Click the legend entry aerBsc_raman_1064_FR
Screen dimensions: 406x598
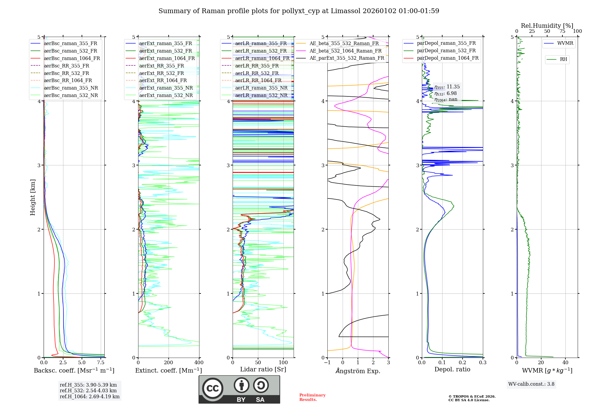(x=72, y=58)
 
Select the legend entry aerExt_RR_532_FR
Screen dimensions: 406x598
(x=161, y=73)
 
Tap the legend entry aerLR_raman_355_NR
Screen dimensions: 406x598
(x=261, y=88)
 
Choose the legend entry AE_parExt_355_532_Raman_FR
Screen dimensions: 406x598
(x=347, y=58)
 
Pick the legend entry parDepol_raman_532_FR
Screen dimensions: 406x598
(x=446, y=50)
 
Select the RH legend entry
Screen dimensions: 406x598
(x=563, y=59)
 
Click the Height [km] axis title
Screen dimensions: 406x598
(x=33, y=197)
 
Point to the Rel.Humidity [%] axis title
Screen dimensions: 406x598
(x=547, y=26)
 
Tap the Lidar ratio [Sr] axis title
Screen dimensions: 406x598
(x=263, y=369)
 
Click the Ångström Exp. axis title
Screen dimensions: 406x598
(x=358, y=371)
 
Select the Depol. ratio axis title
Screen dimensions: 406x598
(x=452, y=369)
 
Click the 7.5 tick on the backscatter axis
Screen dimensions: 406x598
(x=101, y=363)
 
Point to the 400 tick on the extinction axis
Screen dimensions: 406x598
(x=199, y=363)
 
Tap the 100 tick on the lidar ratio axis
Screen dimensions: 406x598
(x=283, y=363)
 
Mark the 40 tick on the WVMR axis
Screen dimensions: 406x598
(x=565, y=363)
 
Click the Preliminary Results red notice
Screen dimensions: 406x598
(x=312, y=397)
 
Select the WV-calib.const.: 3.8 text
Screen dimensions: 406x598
(x=531, y=384)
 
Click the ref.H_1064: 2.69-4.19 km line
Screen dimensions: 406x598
(x=89, y=397)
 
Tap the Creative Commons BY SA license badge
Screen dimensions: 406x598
(x=239, y=390)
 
